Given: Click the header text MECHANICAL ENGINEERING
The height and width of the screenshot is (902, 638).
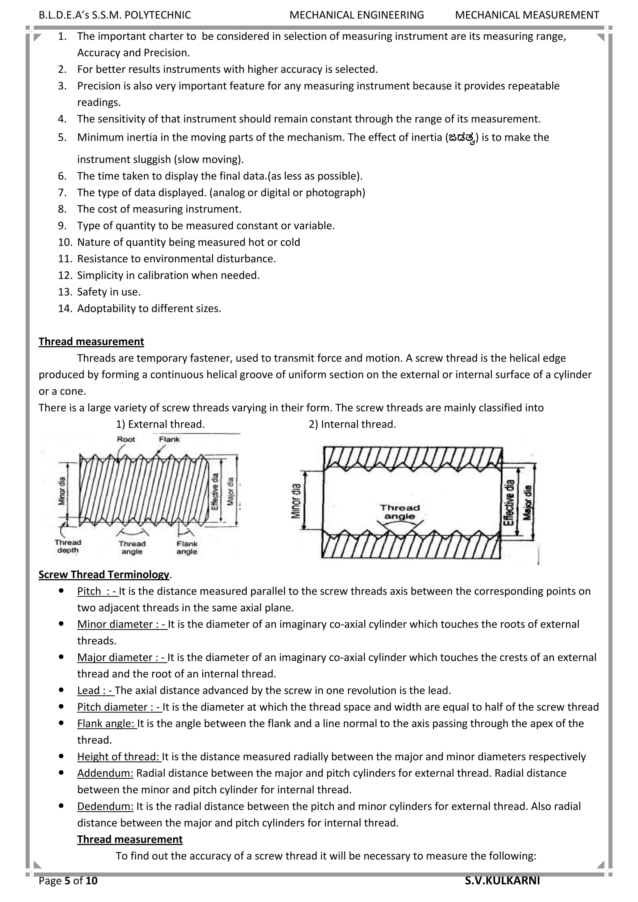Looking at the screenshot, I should click(357, 15).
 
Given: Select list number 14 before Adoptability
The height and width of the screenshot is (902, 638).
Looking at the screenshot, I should click(65, 308).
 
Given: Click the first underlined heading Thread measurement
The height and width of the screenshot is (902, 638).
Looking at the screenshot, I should click(91, 341).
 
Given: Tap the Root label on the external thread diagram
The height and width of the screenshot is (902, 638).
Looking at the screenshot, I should click(126, 439).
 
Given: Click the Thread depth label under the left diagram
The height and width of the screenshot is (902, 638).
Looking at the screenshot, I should click(68, 546).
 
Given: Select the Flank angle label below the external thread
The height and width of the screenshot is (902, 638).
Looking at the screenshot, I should click(187, 548).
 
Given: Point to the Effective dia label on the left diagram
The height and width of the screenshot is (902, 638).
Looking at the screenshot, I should click(215, 491).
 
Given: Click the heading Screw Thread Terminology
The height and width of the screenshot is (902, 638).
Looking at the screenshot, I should click(104, 574).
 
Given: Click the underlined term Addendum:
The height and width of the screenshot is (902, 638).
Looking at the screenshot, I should click(105, 773).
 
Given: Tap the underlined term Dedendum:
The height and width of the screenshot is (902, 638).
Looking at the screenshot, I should click(105, 806).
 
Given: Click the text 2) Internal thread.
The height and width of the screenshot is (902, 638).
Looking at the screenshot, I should click(352, 424).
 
